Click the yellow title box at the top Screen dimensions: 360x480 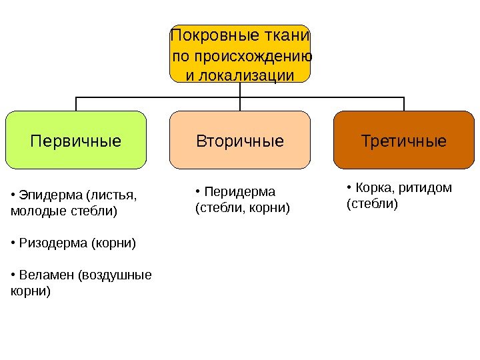point(240,54)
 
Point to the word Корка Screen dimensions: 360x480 point(371,187)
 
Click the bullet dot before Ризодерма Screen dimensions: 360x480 point(14,244)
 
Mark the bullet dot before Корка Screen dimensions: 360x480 point(349,188)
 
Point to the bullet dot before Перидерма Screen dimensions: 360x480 point(198,193)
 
